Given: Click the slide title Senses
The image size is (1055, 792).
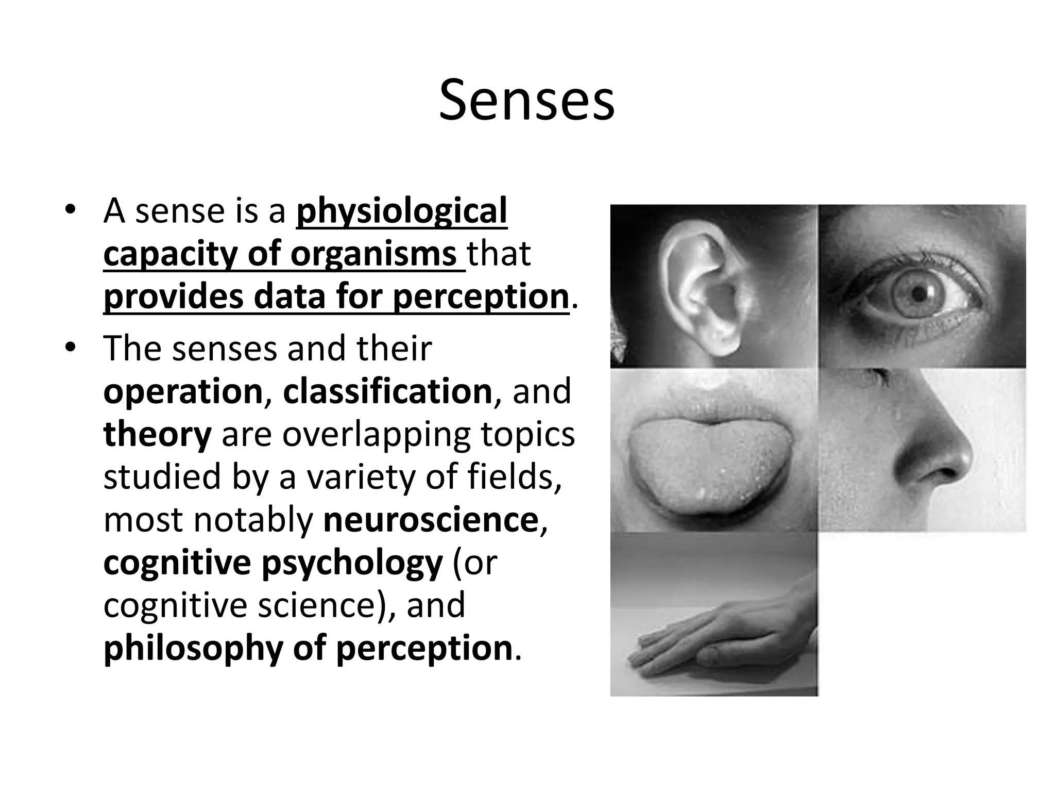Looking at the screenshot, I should point(526,101).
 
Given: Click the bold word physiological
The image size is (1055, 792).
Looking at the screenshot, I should point(402,211).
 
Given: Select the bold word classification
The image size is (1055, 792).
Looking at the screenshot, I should point(387,391).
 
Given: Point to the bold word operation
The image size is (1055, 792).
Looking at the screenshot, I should point(183,391).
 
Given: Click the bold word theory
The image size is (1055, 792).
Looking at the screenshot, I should point(157,434).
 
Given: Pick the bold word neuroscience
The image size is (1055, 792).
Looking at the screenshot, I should point(431,520).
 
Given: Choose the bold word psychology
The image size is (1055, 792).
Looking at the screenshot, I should point(352,563).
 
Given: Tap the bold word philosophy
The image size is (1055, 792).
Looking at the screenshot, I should point(193,648).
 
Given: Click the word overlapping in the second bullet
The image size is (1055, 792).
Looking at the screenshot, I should point(376,434).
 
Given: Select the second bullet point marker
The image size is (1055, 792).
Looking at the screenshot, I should point(71,348).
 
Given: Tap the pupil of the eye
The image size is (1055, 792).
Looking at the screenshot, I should point(918,294).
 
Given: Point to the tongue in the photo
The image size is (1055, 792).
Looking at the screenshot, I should point(706,464).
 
